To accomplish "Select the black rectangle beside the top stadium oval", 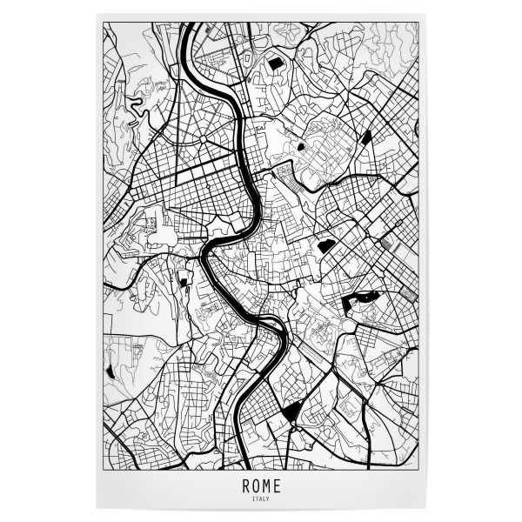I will (275, 64).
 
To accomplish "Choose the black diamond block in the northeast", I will (366, 137).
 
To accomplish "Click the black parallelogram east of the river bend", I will (326, 246).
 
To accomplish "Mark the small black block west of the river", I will (184, 279).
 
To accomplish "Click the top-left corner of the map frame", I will (104, 23).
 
